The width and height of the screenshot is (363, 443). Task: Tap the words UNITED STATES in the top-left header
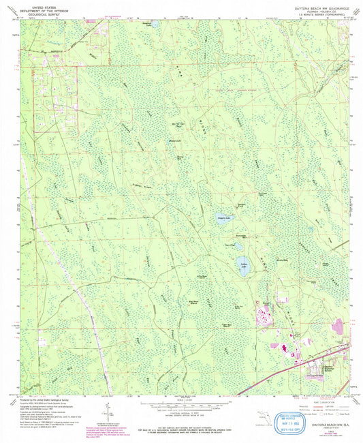tap(39, 5)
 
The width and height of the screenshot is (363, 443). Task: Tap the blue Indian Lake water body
tap(242, 262)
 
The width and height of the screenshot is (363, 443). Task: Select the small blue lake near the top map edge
tap(155, 24)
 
